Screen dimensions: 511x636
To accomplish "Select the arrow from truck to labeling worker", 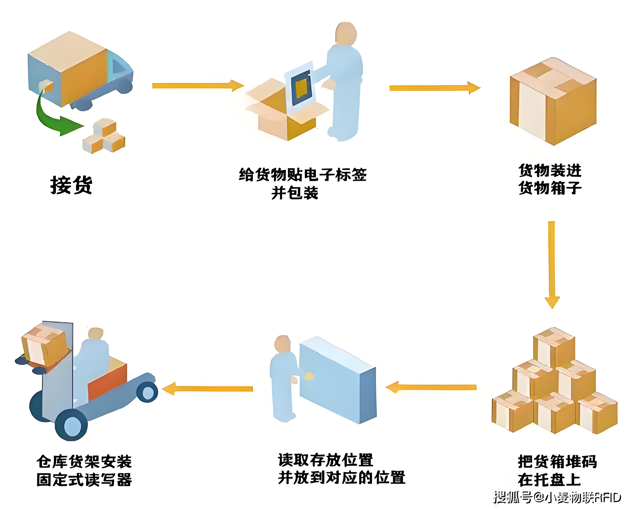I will point(198,86).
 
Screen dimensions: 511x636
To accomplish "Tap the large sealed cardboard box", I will point(553,102).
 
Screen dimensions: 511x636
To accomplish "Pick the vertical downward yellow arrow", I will point(552,264).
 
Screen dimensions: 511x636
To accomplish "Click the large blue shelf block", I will point(338,380).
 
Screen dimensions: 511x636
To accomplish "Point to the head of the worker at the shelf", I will point(282,343).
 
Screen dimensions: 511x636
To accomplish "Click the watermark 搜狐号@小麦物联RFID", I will point(557,497).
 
